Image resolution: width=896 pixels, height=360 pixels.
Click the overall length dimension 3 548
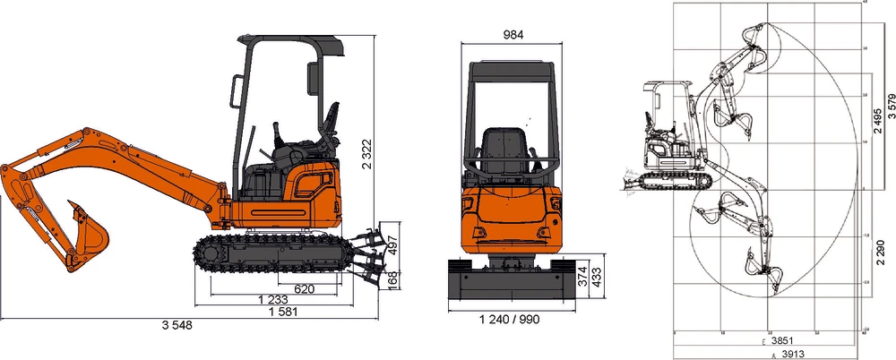coord(177,325)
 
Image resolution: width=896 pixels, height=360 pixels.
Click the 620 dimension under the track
coord(304,288)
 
